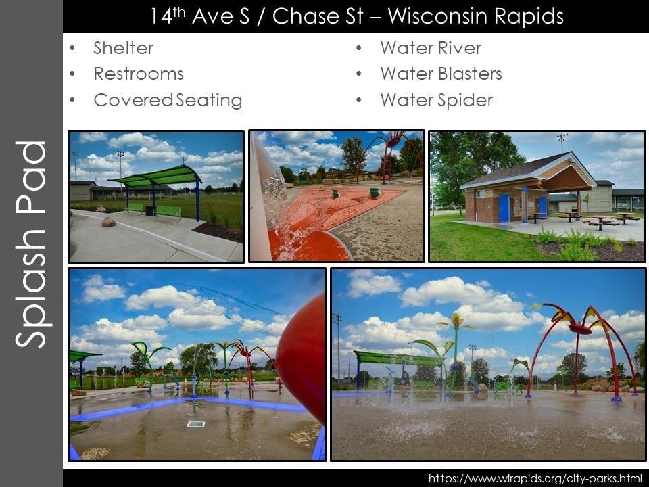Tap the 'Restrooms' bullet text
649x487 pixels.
point(139,74)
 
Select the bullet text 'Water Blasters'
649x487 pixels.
point(441,74)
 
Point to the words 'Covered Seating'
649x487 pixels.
point(168,100)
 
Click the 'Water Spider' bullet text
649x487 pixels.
point(436,100)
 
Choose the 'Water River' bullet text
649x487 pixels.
point(431,48)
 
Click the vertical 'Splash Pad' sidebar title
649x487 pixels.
point(31,243)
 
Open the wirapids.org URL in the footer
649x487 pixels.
point(535,478)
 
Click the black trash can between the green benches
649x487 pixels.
point(149,210)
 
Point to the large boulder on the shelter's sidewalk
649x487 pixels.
point(108,221)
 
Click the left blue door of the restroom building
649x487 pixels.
point(504,208)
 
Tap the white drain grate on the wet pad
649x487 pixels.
point(195,424)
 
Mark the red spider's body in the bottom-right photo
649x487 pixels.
point(581,329)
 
